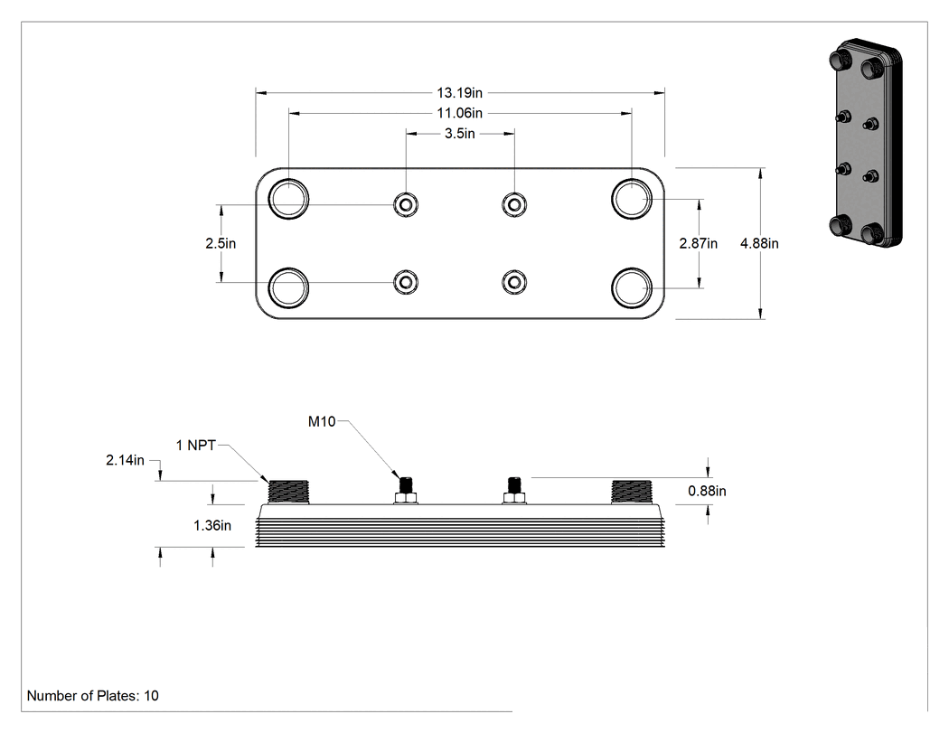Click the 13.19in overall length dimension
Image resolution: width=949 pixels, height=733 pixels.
tap(460, 92)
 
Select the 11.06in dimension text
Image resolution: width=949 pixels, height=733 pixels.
tap(460, 113)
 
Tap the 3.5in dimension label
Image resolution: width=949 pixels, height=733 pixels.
tap(460, 134)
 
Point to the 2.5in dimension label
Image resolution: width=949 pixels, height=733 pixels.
tap(221, 243)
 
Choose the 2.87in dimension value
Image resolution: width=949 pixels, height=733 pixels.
tap(699, 243)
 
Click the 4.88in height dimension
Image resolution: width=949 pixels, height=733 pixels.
tap(759, 243)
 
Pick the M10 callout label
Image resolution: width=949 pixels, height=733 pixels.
tap(322, 421)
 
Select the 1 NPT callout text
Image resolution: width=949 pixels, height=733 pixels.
tap(195, 446)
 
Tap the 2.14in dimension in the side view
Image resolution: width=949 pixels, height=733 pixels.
tap(126, 460)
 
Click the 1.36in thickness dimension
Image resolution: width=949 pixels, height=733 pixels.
tap(212, 525)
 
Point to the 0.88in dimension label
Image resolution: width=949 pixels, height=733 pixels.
tap(707, 491)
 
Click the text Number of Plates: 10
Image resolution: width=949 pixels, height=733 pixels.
tap(92, 695)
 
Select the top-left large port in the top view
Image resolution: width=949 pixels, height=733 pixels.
tap(288, 199)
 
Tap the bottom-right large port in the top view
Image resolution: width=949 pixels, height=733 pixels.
tap(632, 287)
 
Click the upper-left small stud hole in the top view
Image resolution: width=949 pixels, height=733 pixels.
tap(406, 204)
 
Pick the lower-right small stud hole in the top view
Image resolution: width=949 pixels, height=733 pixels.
tap(514, 282)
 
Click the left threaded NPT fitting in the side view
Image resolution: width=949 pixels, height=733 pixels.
tap(288, 492)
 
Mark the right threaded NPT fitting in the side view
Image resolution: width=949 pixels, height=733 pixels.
tap(632, 492)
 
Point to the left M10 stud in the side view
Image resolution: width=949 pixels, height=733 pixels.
tap(406, 490)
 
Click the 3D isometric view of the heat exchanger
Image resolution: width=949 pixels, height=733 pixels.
tap(865, 143)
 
